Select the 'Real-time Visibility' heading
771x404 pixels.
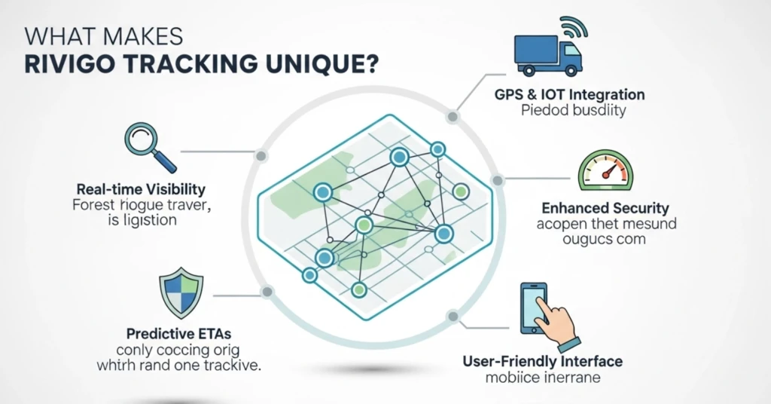[141, 188]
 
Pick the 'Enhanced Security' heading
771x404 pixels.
[605, 207]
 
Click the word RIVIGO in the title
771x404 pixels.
[68, 63]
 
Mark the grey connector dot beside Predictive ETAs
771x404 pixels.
[266, 292]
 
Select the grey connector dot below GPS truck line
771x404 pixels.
[453, 117]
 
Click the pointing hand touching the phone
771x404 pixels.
[556, 327]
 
